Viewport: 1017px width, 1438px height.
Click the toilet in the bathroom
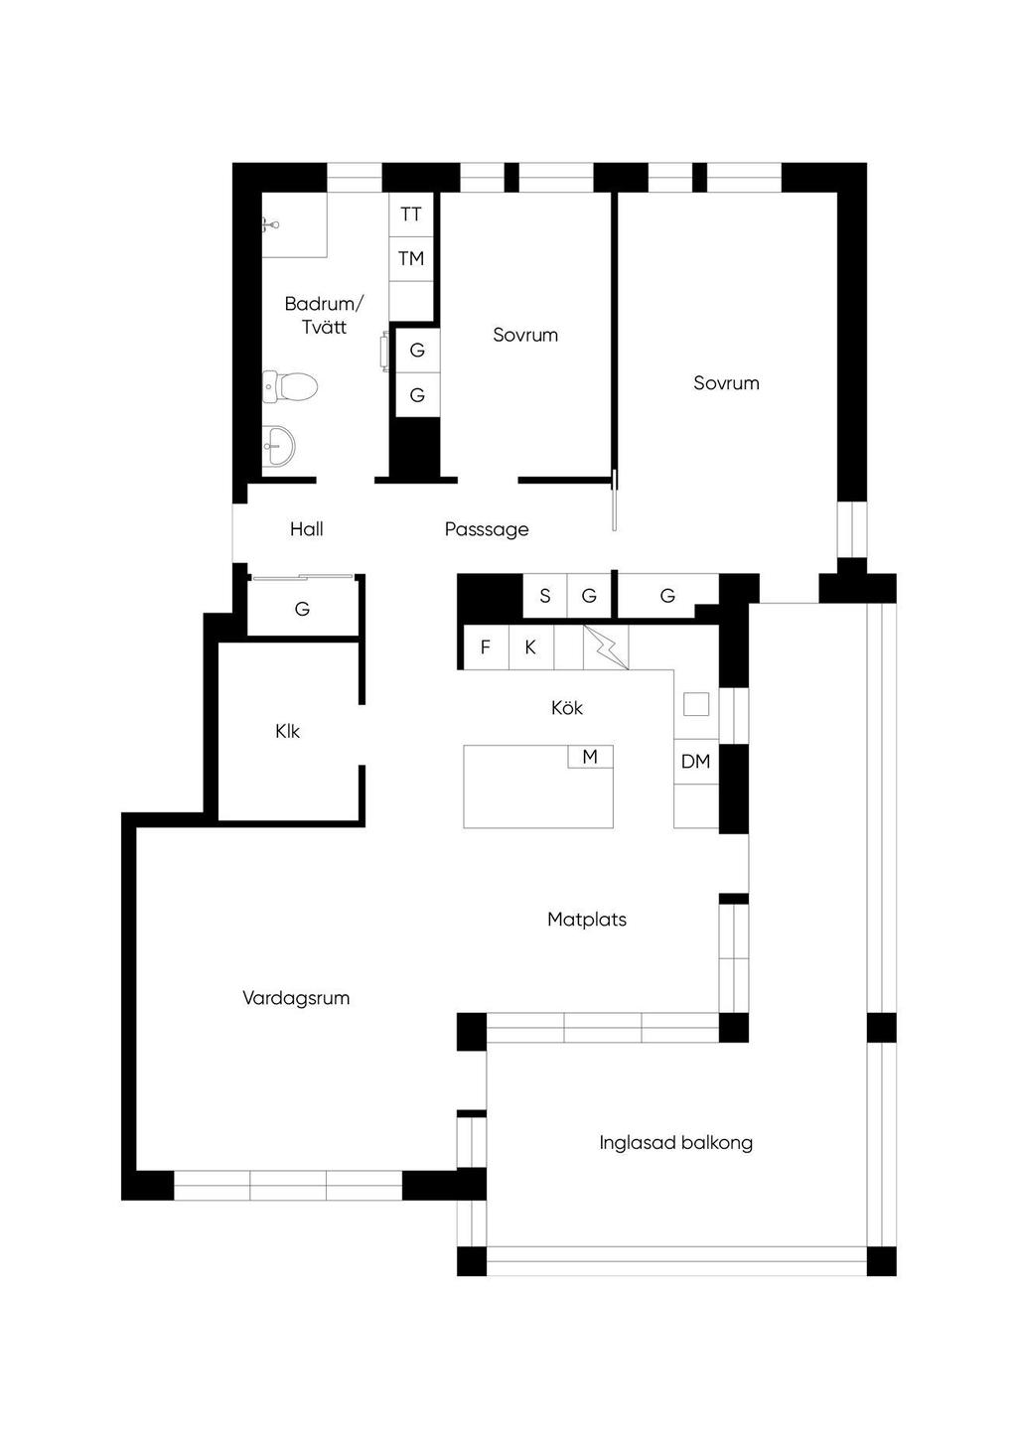pos(290,386)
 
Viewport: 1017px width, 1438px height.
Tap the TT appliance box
pos(411,215)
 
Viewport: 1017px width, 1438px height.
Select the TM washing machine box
pos(411,259)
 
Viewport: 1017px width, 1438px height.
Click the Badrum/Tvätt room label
pos(324,315)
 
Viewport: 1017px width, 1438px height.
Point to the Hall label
pos(306,529)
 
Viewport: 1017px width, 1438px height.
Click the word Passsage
pos(487,529)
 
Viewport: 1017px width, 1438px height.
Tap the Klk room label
pos(287,731)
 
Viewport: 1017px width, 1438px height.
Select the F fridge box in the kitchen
pos(486,647)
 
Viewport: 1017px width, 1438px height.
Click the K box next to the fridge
pos(531,647)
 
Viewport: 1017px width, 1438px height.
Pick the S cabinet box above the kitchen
pos(545,596)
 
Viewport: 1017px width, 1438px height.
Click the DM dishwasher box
pos(696,762)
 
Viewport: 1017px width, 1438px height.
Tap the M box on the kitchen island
pos(590,756)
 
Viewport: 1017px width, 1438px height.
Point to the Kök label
pos(567,707)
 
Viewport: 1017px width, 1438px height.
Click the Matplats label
pos(587,920)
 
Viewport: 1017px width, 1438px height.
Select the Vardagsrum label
pos(296,998)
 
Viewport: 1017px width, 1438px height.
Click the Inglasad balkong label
pos(676,1143)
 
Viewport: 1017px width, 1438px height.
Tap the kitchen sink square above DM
pos(696,704)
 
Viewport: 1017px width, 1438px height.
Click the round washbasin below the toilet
pos(279,445)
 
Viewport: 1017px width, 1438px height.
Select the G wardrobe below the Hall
pos(302,608)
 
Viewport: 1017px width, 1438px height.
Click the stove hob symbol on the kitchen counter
pos(606,647)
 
